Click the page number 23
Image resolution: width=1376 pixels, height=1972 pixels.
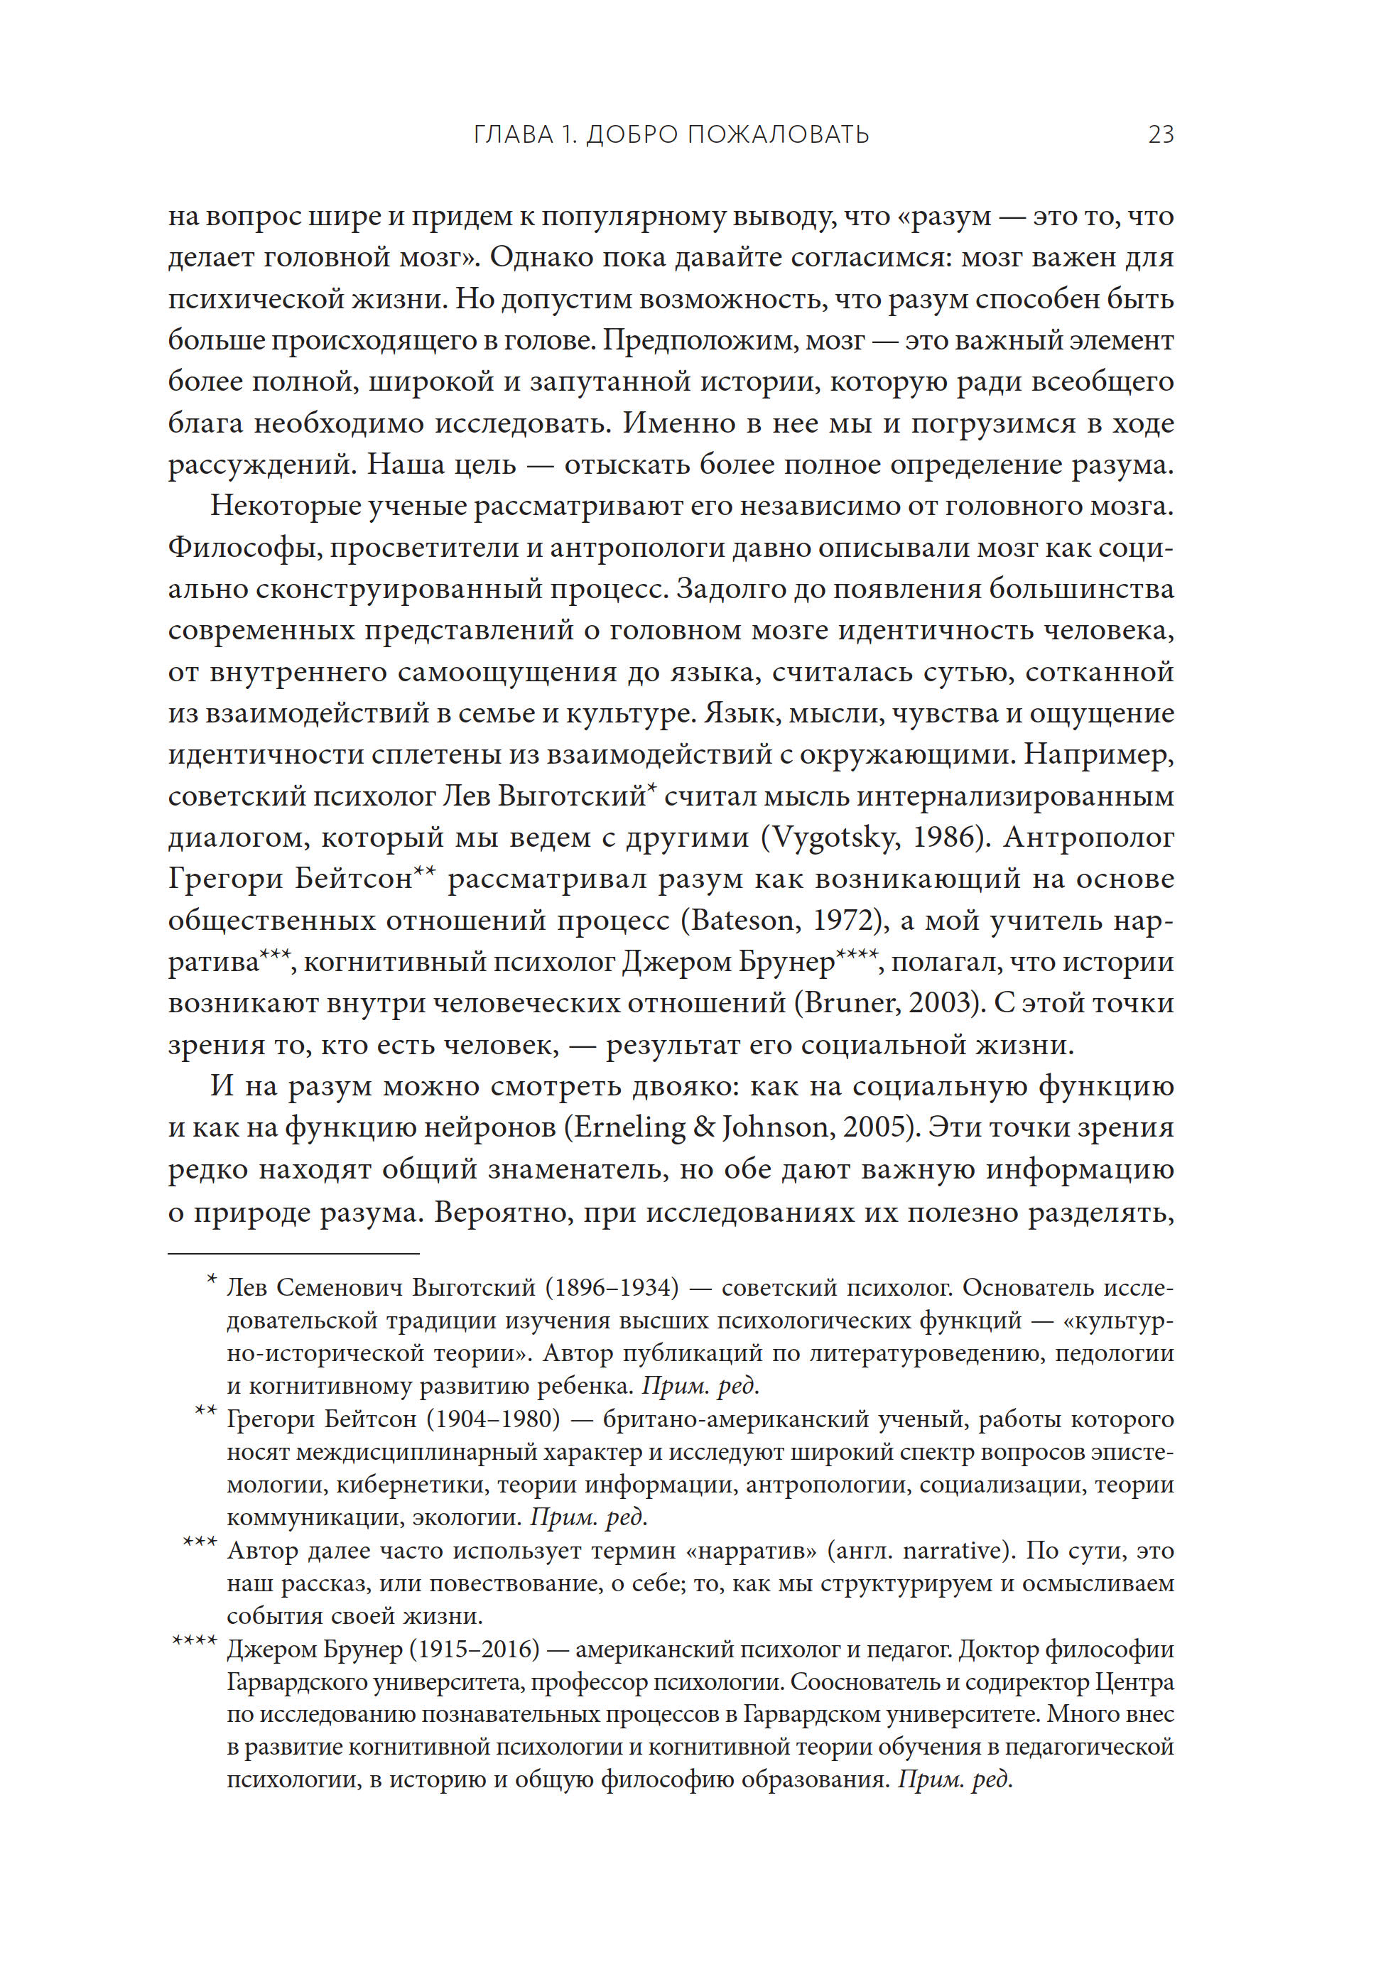click(x=1161, y=135)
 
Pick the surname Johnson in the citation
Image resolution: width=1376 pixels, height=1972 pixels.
click(x=776, y=1127)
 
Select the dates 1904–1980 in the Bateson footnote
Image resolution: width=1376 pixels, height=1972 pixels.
click(x=494, y=1420)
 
